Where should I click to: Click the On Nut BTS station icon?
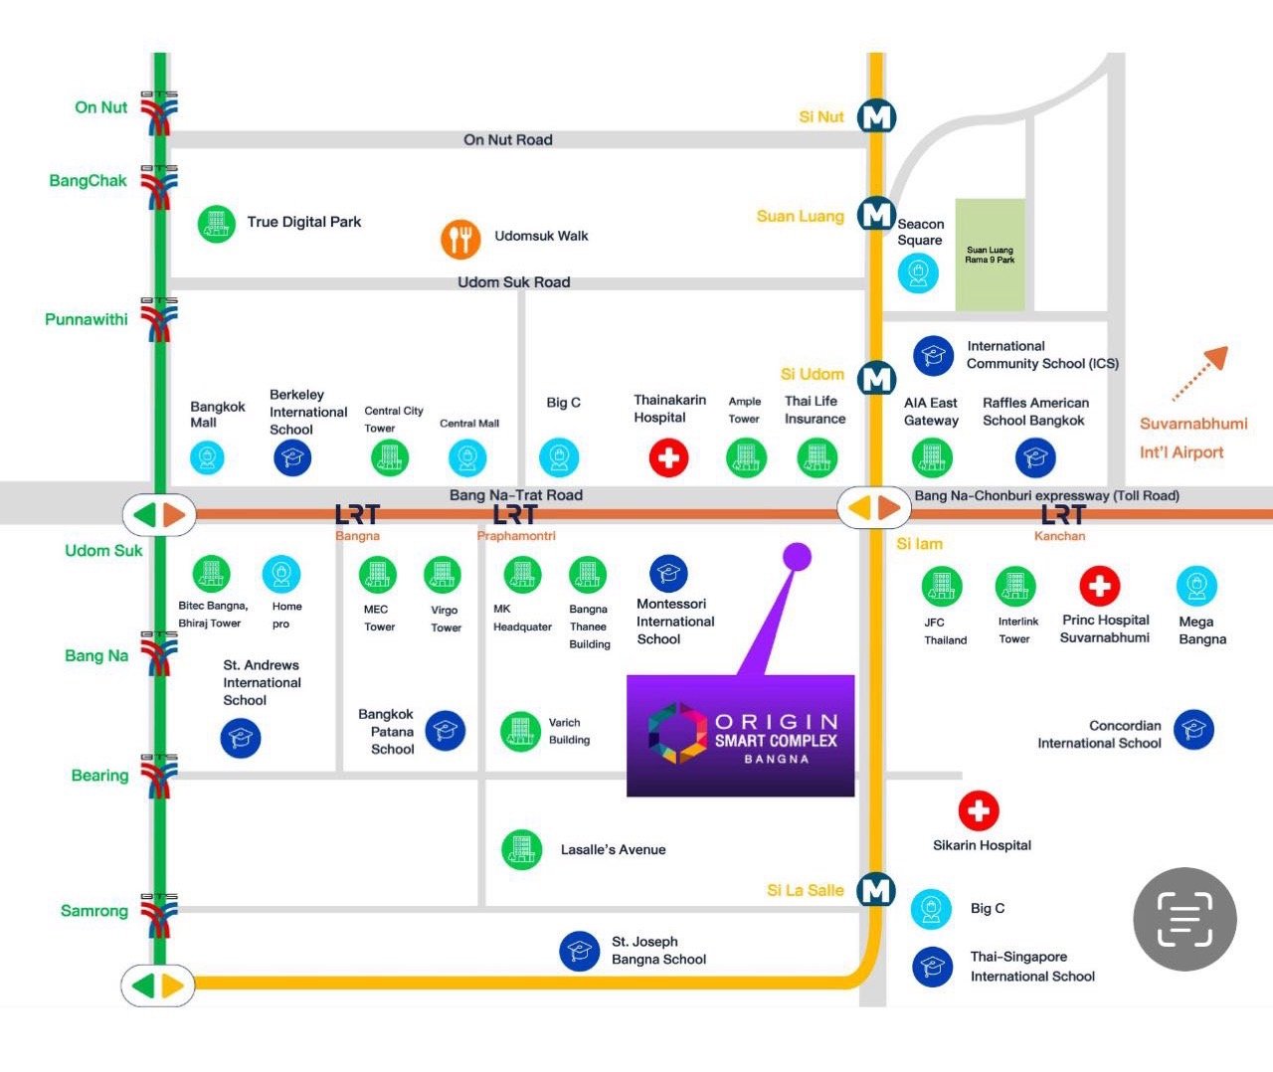[159, 111]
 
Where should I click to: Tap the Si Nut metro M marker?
[876, 117]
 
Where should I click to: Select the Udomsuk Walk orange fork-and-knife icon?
[460, 239]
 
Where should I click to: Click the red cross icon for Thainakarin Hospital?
[668, 457]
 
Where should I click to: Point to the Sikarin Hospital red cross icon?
[978, 810]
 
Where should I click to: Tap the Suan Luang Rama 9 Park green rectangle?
[990, 255]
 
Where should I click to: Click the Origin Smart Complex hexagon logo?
[677, 734]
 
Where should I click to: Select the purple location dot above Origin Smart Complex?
[797, 557]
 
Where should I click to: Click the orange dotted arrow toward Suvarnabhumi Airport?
[1200, 374]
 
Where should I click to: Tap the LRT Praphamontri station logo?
[514, 514]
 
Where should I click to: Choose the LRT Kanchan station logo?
[1061, 514]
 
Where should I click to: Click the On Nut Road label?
[507, 140]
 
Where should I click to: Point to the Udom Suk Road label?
[513, 282]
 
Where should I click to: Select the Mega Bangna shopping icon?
[1196, 586]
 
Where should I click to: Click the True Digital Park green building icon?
[216, 224]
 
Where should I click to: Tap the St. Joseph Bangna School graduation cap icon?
[579, 951]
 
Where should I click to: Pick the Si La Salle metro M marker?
[876, 890]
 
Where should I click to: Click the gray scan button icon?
[1184, 919]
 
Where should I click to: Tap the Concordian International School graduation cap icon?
[1193, 730]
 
